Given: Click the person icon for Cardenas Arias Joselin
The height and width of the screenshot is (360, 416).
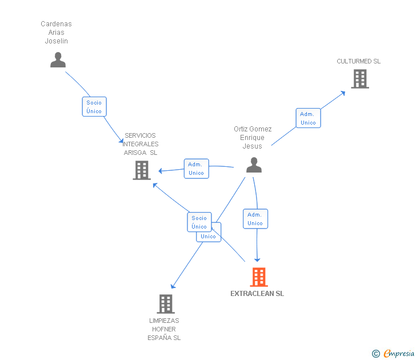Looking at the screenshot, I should click(x=58, y=60).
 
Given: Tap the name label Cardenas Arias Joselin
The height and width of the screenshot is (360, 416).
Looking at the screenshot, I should click(x=56, y=33).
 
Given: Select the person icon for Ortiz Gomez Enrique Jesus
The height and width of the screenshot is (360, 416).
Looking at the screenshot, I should click(x=254, y=165).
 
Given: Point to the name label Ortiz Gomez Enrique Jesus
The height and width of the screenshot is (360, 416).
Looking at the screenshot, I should click(x=253, y=138).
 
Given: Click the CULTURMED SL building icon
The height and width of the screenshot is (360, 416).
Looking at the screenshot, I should click(x=359, y=79).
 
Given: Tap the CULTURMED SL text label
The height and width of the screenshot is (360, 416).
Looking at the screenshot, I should click(x=358, y=61).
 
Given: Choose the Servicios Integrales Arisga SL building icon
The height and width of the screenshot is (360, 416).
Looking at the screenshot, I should click(x=142, y=170).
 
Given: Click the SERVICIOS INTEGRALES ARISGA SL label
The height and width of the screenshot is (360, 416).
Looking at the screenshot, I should click(x=141, y=144).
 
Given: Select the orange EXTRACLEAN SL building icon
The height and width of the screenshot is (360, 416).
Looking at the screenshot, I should click(x=258, y=277).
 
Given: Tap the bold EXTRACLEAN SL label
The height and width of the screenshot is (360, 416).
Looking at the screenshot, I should click(x=257, y=294).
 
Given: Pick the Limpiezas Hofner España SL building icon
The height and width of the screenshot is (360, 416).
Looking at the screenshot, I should click(x=166, y=303).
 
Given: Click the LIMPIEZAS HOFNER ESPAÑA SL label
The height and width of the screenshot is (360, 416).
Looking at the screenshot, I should click(x=164, y=329).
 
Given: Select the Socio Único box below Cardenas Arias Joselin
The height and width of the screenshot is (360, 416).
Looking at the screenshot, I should click(x=94, y=107).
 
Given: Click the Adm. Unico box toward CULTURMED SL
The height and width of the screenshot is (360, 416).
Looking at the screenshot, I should click(x=308, y=118).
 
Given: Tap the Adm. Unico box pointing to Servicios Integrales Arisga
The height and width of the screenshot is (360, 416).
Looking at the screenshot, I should click(x=196, y=169).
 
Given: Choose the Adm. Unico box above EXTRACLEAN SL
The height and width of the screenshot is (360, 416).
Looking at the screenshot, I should click(x=255, y=219).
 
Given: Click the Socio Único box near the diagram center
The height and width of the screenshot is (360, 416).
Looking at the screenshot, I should click(x=199, y=222).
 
